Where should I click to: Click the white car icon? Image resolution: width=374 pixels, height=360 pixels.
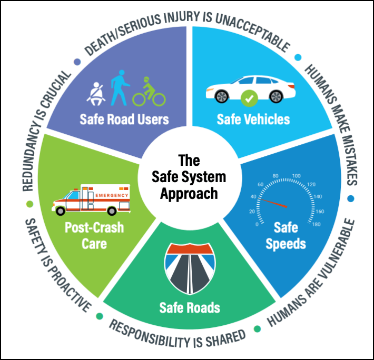click(251, 88)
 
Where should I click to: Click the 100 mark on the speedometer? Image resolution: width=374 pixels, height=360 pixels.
click(296, 176)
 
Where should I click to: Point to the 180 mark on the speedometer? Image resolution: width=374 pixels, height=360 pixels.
click(316, 224)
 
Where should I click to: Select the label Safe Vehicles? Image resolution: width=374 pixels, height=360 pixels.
click(253, 119)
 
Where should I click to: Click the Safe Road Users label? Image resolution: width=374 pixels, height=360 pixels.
click(124, 118)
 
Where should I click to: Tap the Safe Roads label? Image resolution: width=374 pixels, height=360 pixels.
click(190, 307)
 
